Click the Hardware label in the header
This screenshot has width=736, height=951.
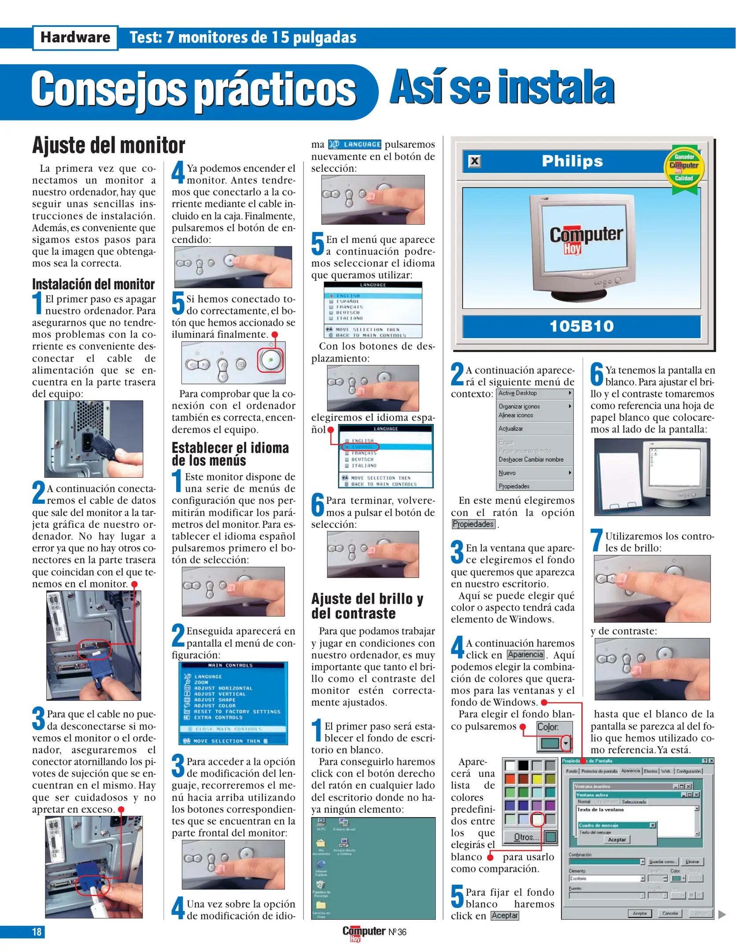(75, 37)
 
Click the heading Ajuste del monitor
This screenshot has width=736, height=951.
(108, 145)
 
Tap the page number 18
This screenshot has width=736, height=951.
(37, 932)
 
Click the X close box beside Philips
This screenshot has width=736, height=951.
(474, 161)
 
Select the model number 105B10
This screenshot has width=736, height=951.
(581, 326)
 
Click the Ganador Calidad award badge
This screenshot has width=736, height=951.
(684, 168)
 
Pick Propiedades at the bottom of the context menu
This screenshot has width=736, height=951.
(514, 486)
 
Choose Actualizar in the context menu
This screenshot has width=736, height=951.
(511, 428)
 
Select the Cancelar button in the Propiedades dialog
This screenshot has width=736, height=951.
(669, 913)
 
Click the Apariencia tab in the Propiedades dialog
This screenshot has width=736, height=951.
(630, 771)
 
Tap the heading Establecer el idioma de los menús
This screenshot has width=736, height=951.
(230, 454)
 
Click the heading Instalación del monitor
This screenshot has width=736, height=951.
(93, 284)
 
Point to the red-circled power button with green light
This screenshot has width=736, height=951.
(270, 360)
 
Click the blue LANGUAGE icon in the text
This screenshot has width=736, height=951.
(355, 144)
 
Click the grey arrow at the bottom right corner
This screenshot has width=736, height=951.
(722, 914)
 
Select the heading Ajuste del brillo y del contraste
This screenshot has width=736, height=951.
(367, 606)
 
